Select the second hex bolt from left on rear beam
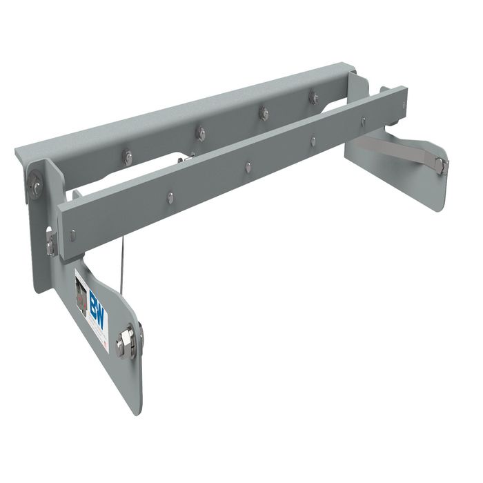click(200, 132)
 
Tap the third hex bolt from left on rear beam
click(263, 112)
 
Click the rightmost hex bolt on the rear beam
click(313, 97)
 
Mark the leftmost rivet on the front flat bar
click(170, 198)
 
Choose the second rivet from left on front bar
click(248, 166)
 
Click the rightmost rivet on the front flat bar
click(363, 121)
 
